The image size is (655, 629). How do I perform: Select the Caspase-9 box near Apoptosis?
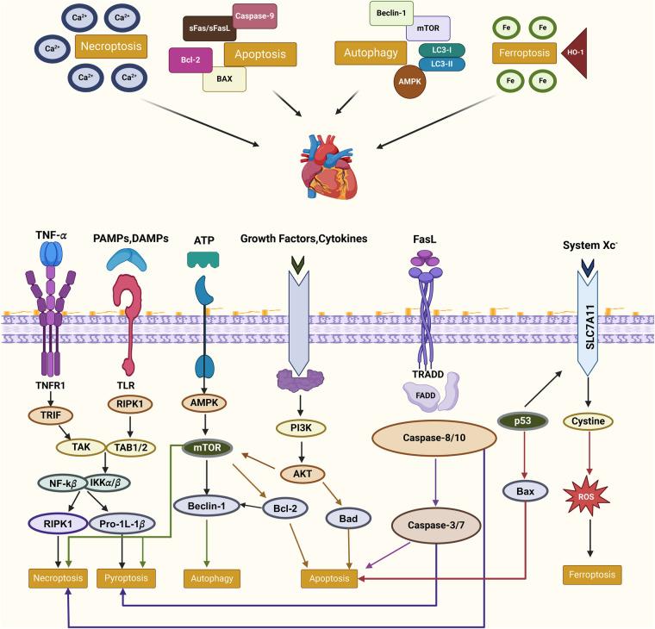(x=254, y=16)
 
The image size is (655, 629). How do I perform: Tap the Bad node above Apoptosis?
(x=349, y=517)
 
